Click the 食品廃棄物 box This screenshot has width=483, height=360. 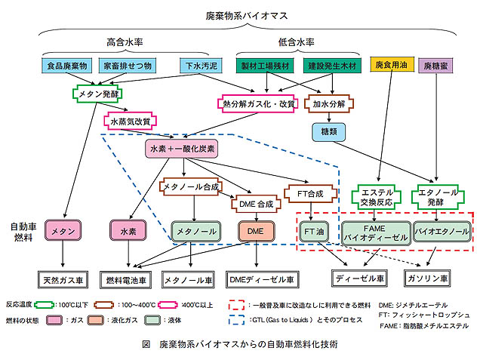(68, 66)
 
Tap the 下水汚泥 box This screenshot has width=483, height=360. (198, 66)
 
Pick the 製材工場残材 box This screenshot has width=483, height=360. (266, 66)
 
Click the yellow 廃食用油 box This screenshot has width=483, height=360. (390, 66)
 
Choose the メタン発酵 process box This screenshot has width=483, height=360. (98, 95)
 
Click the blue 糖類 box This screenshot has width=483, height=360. (328, 131)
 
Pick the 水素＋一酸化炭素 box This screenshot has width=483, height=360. (182, 149)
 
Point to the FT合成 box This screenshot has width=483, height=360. (309, 194)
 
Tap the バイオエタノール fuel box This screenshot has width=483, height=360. (439, 231)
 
